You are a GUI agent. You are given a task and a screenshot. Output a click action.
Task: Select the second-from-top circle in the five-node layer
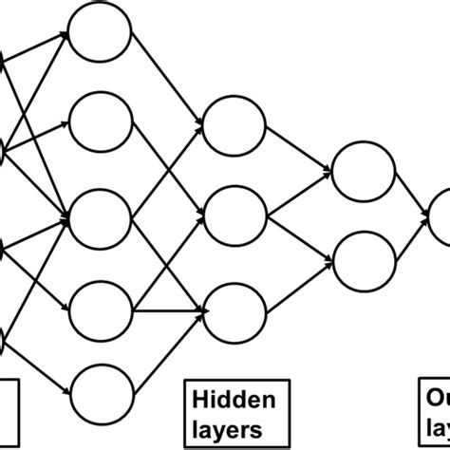(101, 122)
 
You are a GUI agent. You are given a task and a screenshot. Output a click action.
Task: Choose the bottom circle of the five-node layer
(101, 390)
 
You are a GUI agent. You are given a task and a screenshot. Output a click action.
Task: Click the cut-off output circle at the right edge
(441, 216)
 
